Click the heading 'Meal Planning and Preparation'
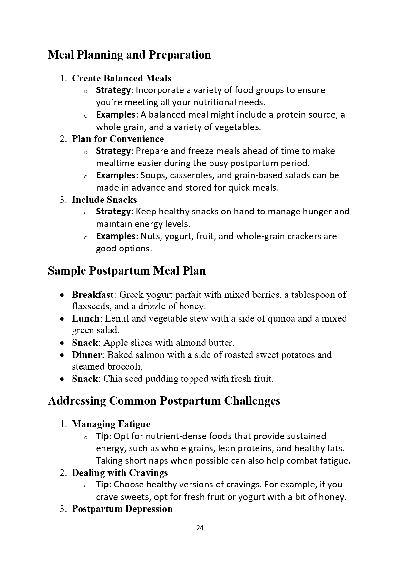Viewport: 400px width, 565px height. click(x=129, y=55)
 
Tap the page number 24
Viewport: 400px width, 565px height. click(x=200, y=528)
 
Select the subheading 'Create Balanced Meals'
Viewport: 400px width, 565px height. click(x=122, y=78)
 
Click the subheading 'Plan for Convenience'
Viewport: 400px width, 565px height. click(x=118, y=139)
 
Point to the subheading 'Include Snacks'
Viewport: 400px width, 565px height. click(x=104, y=200)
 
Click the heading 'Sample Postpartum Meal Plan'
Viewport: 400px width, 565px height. click(x=127, y=271)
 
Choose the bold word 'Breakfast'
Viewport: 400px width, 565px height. click(x=93, y=295)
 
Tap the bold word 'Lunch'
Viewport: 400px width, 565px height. click(x=85, y=318)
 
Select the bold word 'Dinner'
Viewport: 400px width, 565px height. click(x=87, y=355)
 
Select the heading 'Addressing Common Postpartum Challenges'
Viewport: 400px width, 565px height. click(x=164, y=401)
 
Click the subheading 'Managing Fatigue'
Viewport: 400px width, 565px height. click(x=111, y=424)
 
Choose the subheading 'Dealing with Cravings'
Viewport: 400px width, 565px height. click(x=120, y=473)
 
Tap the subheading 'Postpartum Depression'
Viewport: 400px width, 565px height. click(x=122, y=509)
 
